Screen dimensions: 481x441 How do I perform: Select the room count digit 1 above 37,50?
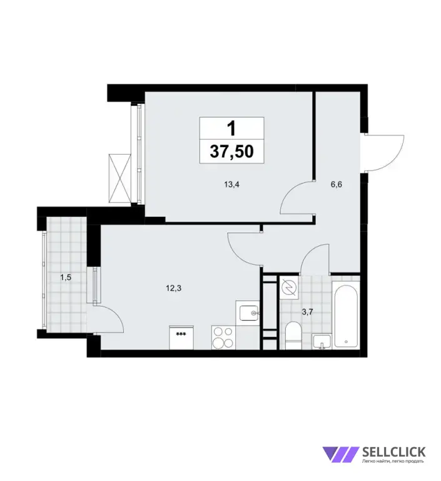click(231, 129)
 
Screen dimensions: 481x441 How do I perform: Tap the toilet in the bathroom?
click(293, 334)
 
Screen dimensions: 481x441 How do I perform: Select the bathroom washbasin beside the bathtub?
click(322, 342)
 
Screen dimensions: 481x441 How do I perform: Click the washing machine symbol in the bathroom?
click(290, 288)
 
